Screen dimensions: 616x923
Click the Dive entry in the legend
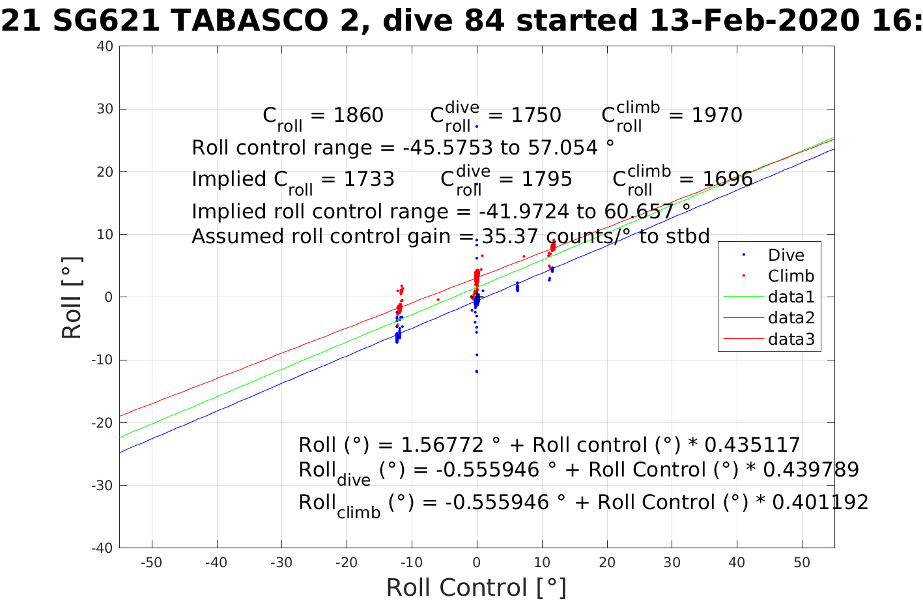[786, 255]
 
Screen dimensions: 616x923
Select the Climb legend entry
[791, 276]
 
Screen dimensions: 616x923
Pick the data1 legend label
[791, 297]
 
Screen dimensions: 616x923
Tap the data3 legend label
[791, 338]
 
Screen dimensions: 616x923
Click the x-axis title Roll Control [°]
[476, 587]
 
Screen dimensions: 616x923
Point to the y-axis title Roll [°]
[72, 297]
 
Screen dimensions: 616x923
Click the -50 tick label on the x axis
[152, 563]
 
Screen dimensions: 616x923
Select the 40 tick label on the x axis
[737, 563]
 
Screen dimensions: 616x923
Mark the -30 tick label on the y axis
[103, 485]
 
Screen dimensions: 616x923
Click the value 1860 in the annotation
[358, 115]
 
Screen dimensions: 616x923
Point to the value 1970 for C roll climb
[717, 115]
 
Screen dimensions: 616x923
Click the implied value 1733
[369, 179]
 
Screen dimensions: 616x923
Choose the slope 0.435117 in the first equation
[752, 445]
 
